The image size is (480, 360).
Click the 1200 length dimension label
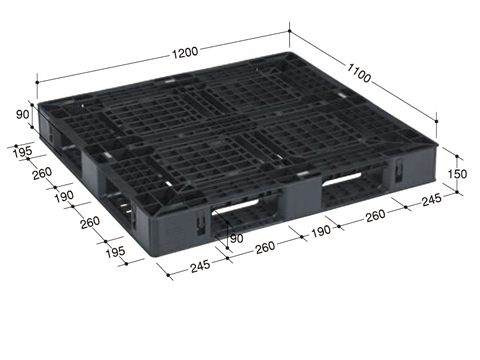tap(185, 53)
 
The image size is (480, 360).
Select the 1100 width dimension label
tap(359, 73)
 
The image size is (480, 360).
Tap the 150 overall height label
tap(457, 174)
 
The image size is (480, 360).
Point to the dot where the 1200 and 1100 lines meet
tap(290, 31)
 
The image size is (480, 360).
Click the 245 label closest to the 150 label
tap(432, 200)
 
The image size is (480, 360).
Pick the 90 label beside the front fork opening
tap(237, 238)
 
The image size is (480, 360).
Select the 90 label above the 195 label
tap(23, 114)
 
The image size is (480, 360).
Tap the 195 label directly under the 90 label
tap(23, 152)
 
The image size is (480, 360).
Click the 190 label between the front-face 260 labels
tap(321, 231)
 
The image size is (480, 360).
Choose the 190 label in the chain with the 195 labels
tap(64, 196)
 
